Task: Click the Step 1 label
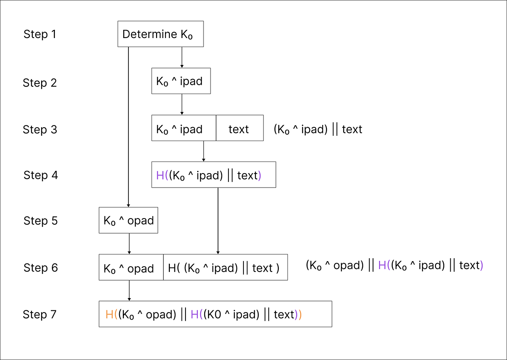pos(40,34)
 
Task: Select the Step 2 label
pos(40,82)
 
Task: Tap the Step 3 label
pos(40,129)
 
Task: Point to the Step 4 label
pos(41,175)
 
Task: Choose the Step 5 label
pos(41,220)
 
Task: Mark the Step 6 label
pos(41,267)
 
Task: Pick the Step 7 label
pos(40,314)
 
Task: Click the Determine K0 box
pos(161,34)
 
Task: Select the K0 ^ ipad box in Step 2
pos(181,81)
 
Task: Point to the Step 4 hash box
pos(214,175)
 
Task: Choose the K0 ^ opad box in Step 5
pos(128,220)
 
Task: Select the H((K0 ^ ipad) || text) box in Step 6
pos(225,267)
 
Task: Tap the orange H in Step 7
pos(109,314)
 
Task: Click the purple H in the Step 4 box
pos(160,175)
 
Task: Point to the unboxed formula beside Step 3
pos(318,129)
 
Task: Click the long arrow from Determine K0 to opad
pos(128,127)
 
